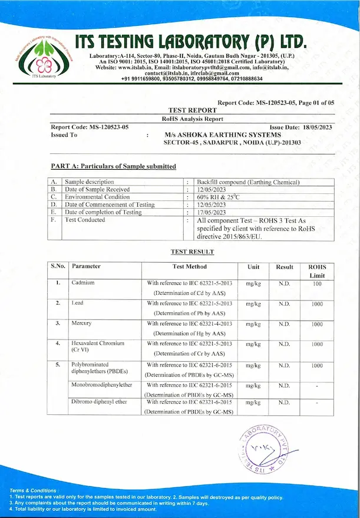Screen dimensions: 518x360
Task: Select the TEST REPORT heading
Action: tap(193, 110)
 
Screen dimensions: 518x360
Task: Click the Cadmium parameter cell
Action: tap(83, 283)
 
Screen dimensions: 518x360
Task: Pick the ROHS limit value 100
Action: tap(317, 283)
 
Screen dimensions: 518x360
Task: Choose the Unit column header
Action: tap(253, 266)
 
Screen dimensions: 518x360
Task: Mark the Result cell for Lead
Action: tap(285, 303)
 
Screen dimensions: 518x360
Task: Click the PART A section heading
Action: tap(113, 166)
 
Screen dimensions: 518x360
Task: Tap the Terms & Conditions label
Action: tap(34, 490)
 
